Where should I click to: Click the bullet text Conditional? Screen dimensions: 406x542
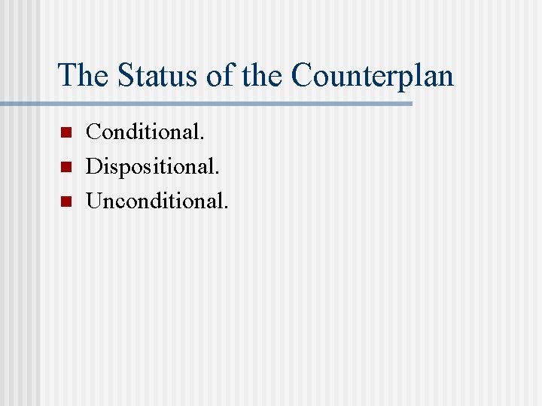pos(145,132)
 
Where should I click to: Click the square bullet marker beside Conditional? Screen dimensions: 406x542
pos(65,133)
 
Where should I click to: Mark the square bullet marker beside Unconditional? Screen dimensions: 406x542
pos(65,201)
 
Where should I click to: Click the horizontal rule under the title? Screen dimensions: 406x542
pos(226,103)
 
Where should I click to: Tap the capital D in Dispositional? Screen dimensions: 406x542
pos(94,166)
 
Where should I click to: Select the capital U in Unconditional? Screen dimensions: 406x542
pos(95,201)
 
